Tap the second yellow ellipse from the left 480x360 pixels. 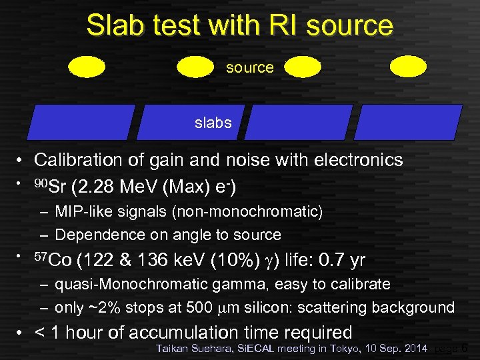point(195,66)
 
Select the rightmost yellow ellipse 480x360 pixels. point(407,66)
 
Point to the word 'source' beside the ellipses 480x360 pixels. point(250,67)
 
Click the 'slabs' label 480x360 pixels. point(213,123)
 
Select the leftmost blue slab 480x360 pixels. point(81,122)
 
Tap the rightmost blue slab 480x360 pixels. point(407,122)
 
